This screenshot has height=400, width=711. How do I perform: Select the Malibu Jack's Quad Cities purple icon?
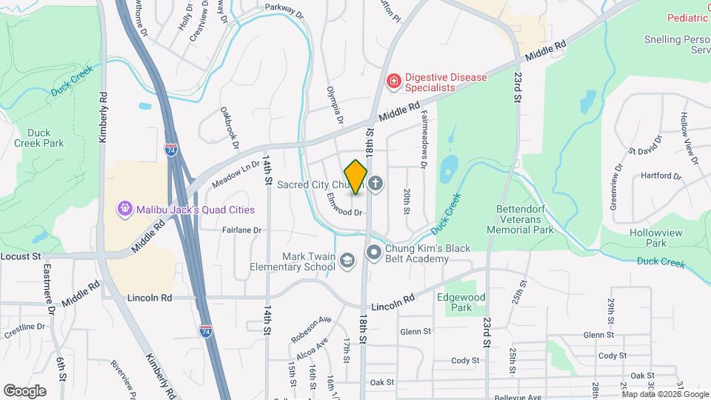tap(124, 209)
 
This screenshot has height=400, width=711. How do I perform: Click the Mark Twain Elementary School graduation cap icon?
tap(347, 260)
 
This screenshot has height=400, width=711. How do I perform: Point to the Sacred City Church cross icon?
tap(375, 184)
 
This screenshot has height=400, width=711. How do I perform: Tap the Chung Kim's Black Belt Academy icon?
tap(374, 253)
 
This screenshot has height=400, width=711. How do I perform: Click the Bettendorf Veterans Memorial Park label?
tap(520, 220)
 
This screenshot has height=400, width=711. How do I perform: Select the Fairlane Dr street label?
tap(242, 230)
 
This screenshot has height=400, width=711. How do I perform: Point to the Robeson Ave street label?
tap(311, 330)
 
